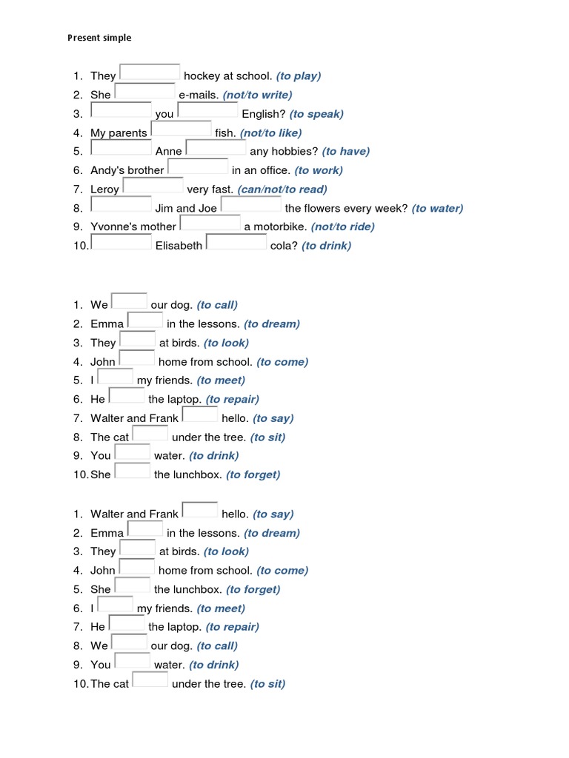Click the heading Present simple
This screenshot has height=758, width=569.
pyautogui.click(x=99, y=38)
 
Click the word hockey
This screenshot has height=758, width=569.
pyautogui.click(x=201, y=76)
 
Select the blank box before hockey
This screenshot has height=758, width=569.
pyautogui.click(x=150, y=72)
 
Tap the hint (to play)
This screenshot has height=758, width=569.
pyautogui.click(x=299, y=76)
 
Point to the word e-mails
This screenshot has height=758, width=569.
pyautogui.click(x=199, y=95)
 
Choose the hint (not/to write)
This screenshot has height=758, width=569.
pyautogui.click(x=257, y=95)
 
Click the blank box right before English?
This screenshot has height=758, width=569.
pyautogui.click(x=207, y=110)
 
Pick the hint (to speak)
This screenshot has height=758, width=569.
pyautogui.click(x=316, y=114)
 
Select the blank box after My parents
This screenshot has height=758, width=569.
pyautogui.click(x=181, y=130)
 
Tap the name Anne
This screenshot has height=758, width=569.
pyautogui.click(x=169, y=152)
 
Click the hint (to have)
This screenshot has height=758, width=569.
pyautogui.click(x=346, y=151)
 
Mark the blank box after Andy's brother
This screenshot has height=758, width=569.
pyautogui.click(x=198, y=167)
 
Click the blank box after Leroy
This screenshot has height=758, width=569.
pyautogui.click(x=153, y=186)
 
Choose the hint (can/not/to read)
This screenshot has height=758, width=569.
pyautogui.click(x=282, y=189)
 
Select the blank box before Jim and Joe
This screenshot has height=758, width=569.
pyautogui.click(x=122, y=205)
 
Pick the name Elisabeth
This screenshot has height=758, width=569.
pyautogui.click(x=179, y=246)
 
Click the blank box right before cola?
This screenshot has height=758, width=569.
pyautogui.click(x=236, y=242)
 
